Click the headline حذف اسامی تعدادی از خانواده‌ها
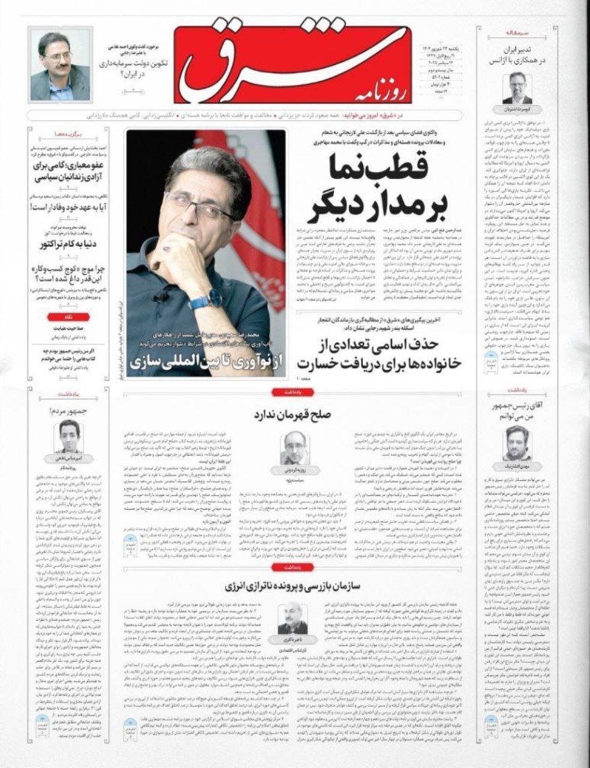(x=366, y=354)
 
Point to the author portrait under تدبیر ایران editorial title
(x=517, y=89)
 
